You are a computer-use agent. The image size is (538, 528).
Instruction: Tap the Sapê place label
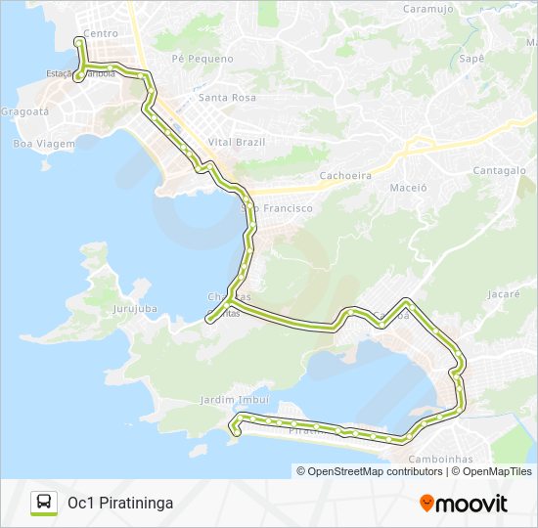(x=471, y=59)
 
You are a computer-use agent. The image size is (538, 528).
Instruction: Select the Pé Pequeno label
(x=202, y=59)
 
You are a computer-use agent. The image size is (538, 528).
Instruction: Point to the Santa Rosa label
(x=227, y=98)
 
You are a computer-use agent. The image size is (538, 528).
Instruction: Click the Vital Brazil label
(x=238, y=142)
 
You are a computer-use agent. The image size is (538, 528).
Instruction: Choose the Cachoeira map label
(x=345, y=176)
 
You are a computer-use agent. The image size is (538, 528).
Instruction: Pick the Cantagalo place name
(x=500, y=170)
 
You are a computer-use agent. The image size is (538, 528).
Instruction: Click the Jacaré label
(x=503, y=293)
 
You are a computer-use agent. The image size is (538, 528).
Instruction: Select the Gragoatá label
(x=24, y=111)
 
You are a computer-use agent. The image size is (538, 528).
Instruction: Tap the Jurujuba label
(x=135, y=309)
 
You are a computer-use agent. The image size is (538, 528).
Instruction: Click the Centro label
(x=101, y=33)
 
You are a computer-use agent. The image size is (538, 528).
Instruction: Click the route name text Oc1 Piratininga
(x=120, y=503)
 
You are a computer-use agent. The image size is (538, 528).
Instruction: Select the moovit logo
(x=464, y=503)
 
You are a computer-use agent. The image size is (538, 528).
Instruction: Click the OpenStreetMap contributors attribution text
(x=369, y=471)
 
